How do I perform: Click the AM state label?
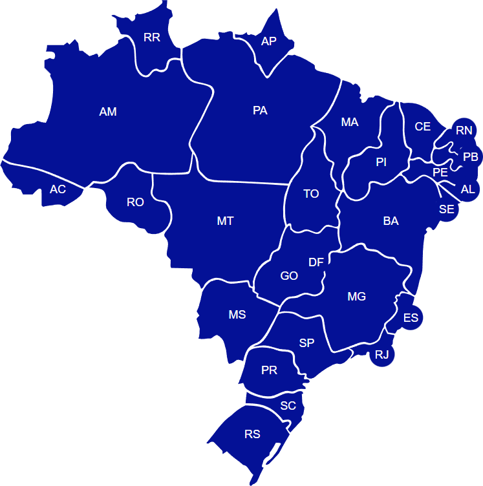pyautogui.click(x=108, y=112)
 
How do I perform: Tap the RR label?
pyautogui.click(x=152, y=37)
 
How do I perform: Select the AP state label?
pyautogui.click(x=269, y=41)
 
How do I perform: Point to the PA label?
pyautogui.click(x=260, y=111)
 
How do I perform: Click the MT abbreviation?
pyautogui.click(x=225, y=221)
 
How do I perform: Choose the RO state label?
pyautogui.click(x=135, y=202)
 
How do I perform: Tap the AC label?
pyautogui.click(x=58, y=189)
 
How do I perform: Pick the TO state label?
pyautogui.click(x=311, y=194)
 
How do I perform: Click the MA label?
pyautogui.click(x=350, y=122)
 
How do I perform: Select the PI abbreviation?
pyautogui.click(x=381, y=162)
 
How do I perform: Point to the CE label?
pyautogui.click(x=423, y=127)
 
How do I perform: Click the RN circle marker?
pyautogui.click(x=464, y=131)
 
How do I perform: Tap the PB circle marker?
pyautogui.click(x=470, y=157)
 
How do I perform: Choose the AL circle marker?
pyautogui.click(x=467, y=189)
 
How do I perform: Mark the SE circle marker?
pyautogui.click(x=447, y=209)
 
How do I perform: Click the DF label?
pyautogui.click(x=316, y=262)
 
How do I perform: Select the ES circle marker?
pyautogui.click(x=411, y=318)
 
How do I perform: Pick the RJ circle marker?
pyautogui.click(x=382, y=354)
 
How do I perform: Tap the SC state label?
pyautogui.click(x=288, y=406)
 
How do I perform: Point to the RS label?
pyautogui.click(x=252, y=434)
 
